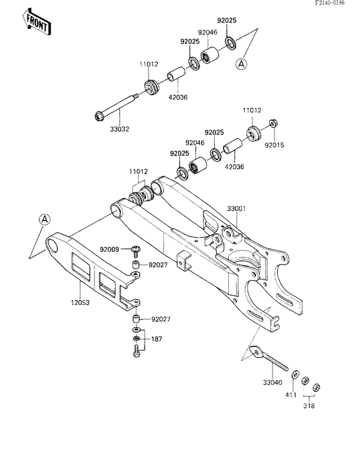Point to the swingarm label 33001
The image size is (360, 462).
(237, 209)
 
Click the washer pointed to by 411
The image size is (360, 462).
(294, 375)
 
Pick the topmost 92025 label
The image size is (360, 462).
(226, 21)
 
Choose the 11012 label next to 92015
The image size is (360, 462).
(251, 110)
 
